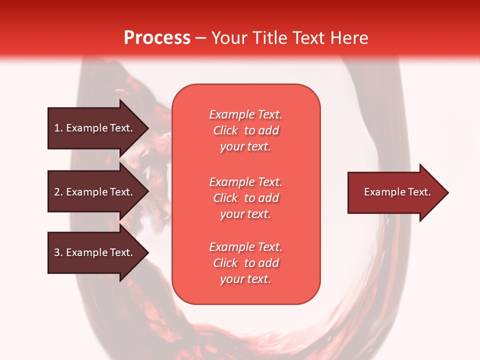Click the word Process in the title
(x=157, y=38)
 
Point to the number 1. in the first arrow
(x=58, y=128)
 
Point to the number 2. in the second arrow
(x=58, y=192)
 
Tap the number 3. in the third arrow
(x=58, y=252)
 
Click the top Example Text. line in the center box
(x=245, y=114)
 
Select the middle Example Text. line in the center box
(x=245, y=182)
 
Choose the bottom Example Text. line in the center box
(x=245, y=247)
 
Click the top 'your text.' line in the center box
(x=245, y=147)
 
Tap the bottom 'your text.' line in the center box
(x=245, y=279)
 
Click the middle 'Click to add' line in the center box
(x=245, y=198)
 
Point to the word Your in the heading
(x=230, y=38)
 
